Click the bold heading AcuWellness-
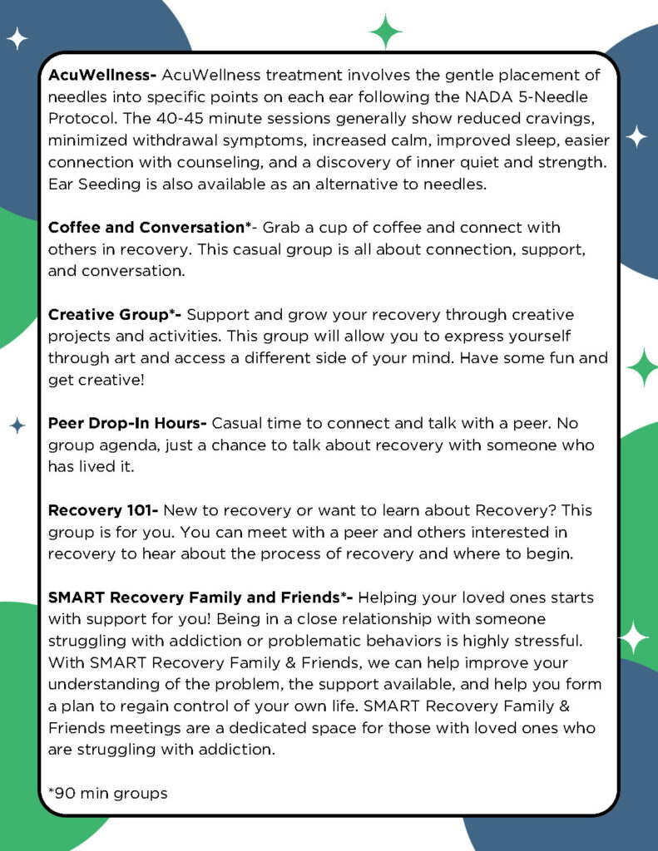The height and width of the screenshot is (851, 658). click(x=102, y=76)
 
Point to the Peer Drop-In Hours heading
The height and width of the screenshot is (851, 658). click(x=126, y=423)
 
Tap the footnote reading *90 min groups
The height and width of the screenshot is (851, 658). click(x=108, y=793)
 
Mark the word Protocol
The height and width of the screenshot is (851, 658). click(x=77, y=119)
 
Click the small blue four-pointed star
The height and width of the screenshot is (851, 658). click(x=17, y=425)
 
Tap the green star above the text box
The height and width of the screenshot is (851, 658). click(x=385, y=31)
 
